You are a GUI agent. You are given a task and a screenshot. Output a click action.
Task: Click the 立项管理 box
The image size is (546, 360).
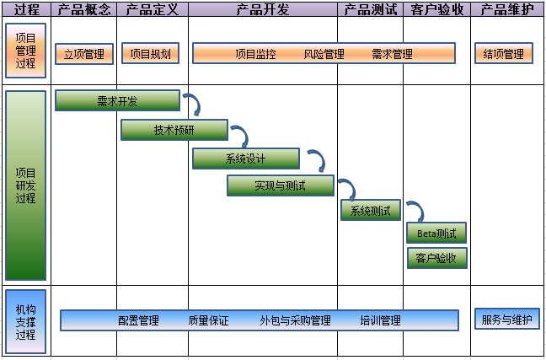pyautogui.click(x=83, y=54)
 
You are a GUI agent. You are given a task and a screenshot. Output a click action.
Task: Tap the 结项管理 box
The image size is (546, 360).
pyautogui.click(x=504, y=54)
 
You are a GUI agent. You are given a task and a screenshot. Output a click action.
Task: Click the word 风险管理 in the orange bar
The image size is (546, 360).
pyautogui.click(x=324, y=54)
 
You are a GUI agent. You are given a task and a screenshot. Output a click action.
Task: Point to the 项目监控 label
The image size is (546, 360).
pyautogui.click(x=256, y=54)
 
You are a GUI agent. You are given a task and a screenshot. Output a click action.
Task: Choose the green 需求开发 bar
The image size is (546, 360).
pyautogui.click(x=117, y=101)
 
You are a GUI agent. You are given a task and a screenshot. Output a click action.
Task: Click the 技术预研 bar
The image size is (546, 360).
pyautogui.click(x=174, y=130)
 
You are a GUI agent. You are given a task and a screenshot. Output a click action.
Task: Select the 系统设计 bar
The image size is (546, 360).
pyautogui.click(x=245, y=159)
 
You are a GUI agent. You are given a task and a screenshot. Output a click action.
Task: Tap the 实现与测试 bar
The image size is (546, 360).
pyautogui.click(x=280, y=185)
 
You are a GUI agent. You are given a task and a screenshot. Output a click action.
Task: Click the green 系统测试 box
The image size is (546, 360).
pyautogui.click(x=370, y=210)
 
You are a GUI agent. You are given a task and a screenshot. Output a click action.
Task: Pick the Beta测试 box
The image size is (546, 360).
pyautogui.click(x=436, y=233)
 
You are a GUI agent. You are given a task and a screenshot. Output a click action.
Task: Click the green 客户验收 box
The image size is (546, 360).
pyautogui.click(x=436, y=258)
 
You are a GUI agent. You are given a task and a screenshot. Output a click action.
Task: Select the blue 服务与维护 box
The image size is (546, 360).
pyautogui.click(x=506, y=320)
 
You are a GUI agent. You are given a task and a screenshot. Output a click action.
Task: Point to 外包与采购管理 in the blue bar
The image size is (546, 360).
pyautogui.click(x=295, y=320)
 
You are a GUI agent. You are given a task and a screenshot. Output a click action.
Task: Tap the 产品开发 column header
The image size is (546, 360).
pyautogui.click(x=263, y=9)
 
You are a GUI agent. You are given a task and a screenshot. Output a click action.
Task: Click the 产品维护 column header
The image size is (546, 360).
pyautogui.click(x=506, y=9)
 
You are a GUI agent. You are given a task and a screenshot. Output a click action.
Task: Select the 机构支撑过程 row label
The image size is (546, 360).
pyautogui.click(x=25, y=321)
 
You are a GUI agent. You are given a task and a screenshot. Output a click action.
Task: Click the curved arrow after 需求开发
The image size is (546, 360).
pyautogui.click(x=193, y=105)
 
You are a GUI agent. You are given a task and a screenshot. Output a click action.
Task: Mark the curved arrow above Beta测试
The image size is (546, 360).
pyautogui.click(x=415, y=211)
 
